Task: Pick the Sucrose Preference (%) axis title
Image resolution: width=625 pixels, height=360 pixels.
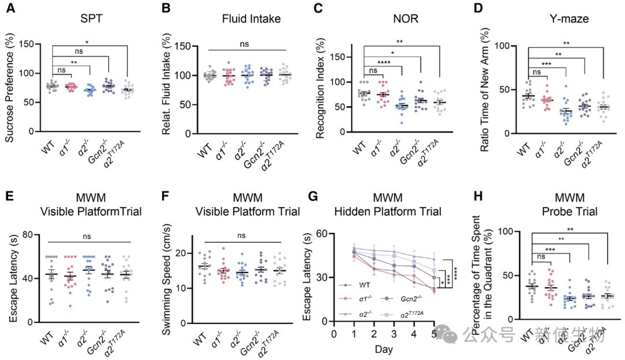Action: pos(10,87)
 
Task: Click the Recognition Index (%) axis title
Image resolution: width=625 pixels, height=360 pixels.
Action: pos(319,87)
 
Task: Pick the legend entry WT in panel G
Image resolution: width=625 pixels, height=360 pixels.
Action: pos(364,284)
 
